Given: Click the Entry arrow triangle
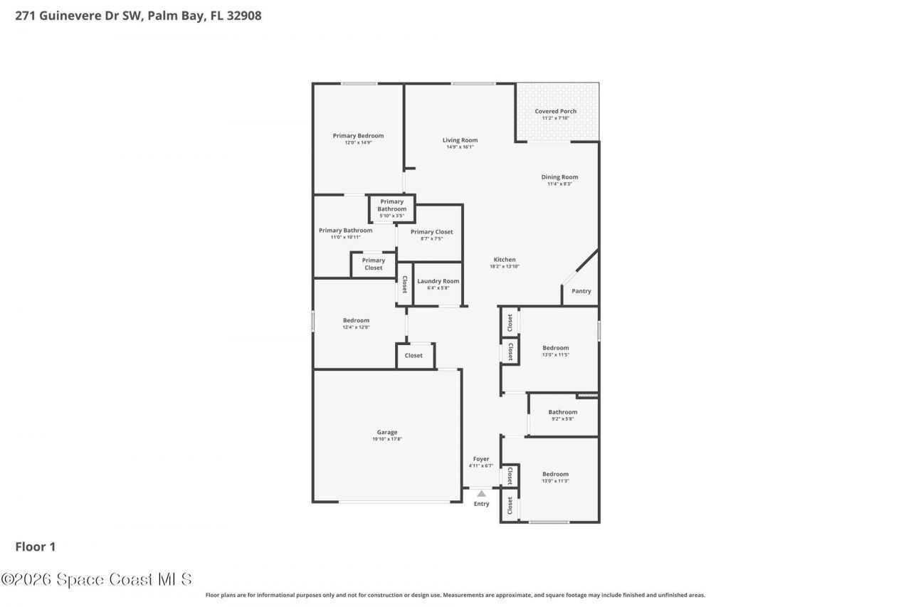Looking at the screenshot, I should coord(481,493).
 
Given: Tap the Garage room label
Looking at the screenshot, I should coord(386,432).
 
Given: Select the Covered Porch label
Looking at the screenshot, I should coord(555,111).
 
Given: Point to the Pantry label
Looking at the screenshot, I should coord(581,291).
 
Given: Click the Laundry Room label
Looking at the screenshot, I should coord(438,281).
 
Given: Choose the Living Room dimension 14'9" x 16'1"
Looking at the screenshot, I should coord(460,147).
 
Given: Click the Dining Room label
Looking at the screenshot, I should coord(559,177).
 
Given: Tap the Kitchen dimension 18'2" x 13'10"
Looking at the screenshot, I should coord(505,266).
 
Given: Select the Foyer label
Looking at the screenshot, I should coord(481,459).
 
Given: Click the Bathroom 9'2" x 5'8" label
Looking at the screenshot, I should coord(562,412).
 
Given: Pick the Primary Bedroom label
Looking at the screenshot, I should coord(358,136).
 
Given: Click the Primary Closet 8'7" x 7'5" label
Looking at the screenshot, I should coord(431,232).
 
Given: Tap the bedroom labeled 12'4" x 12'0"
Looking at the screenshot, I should coord(356,320).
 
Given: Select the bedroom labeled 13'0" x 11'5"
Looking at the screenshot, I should coord(555,348).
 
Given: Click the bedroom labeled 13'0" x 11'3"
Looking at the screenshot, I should coord(555,475).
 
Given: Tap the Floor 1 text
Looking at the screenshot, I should coord(36,547).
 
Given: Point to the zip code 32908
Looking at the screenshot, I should coord(243,15).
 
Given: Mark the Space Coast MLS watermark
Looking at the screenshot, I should coord(96,579).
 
